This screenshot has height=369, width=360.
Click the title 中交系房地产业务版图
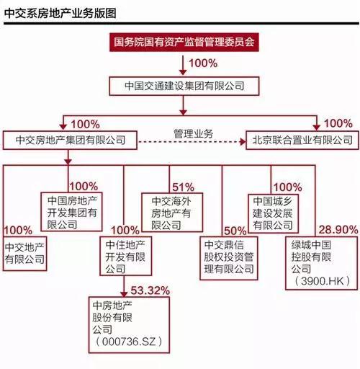click(60, 13)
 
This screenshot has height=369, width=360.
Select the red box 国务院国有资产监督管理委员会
click(184, 43)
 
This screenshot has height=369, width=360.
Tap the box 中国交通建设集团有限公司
click(184, 86)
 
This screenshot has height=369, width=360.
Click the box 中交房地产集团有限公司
click(70, 141)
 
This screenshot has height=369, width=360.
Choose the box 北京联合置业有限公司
click(302, 141)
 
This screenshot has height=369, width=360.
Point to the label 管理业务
click(194, 133)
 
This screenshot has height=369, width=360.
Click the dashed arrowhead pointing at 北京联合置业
click(243, 141)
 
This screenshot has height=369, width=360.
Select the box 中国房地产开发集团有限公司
click(71, 212)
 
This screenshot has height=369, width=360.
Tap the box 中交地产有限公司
click(24, 254)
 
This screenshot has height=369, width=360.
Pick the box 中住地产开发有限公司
click(125, 256)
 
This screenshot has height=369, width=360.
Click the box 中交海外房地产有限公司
click(172, 213)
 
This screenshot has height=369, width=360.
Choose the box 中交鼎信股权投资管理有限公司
click(229, 258)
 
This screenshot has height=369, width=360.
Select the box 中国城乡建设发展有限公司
click(273, 213)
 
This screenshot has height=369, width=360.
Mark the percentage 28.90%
click(338, 230)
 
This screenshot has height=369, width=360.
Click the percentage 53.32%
click(150, 290)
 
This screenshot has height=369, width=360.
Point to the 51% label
click(183, 187)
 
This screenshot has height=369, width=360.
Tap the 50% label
click(235, 231)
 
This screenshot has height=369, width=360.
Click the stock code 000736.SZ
click(129, 342)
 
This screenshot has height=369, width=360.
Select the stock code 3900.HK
click(323, 281)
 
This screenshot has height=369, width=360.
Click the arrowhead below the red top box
click(183, 72)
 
